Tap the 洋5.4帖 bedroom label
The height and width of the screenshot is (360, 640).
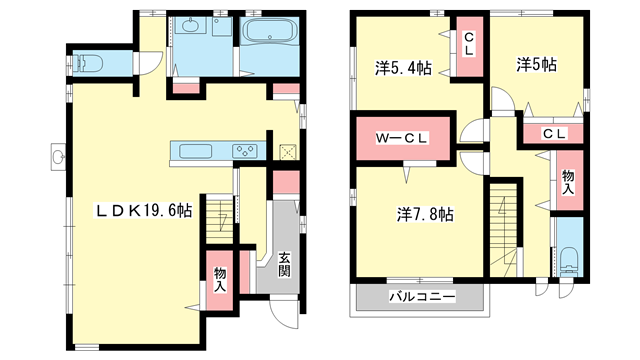[x=403, y=69]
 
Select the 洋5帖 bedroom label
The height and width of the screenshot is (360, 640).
[x=537, y=64]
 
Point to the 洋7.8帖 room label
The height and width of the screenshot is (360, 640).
[x=425, y=214]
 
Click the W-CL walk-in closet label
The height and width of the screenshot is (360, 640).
[x=402, y=138]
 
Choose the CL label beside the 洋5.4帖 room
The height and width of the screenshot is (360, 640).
[x=468, y=45]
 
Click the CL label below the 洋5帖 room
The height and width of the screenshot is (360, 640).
[x=555, y=134]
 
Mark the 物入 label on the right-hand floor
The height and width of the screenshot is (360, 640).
[x=567, y=181]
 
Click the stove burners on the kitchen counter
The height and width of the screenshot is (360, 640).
[x=245, y=151]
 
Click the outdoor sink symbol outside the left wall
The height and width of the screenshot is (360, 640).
[x=58, y=156]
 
